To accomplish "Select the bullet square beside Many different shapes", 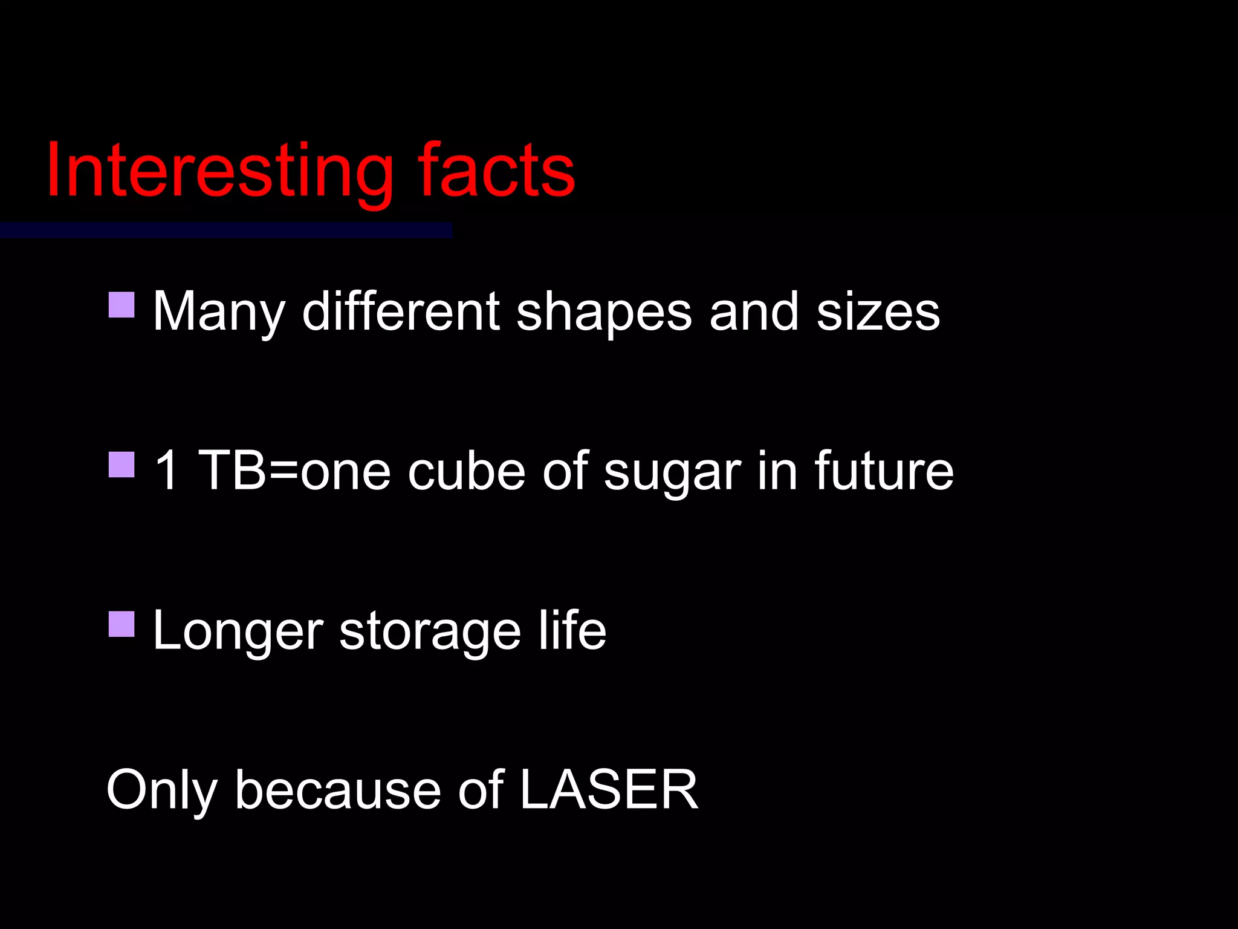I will (122, 305).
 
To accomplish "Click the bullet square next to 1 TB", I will (122, 464).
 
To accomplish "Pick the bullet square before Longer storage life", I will (122, 624).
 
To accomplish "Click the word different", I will (401, 311).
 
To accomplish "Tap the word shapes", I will (604, 313).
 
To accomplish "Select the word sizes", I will (878, 311).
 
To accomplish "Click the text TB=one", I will (294, 471).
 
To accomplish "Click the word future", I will (884, 471).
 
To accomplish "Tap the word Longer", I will (238, 631).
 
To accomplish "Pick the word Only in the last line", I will (161, 791).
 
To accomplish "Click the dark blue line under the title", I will (225, 230).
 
